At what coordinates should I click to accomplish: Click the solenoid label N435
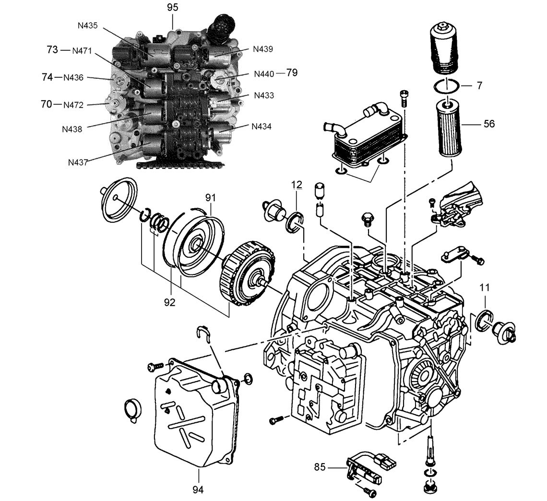pyautogui.click(x=87, y=25)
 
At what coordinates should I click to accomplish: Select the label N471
pyautogui.click(x=82, y=51)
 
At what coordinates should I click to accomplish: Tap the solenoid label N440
pyautogui.click(x=264, y=73)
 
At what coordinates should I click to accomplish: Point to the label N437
pyautogui.click(x=78, y=162)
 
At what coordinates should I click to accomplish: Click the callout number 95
pyautogui.click(x=172, y=7)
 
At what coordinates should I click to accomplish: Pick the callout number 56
pyautogui.click(x=489, y=124)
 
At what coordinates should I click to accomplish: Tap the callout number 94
pyautogui.click(x=198, y=490)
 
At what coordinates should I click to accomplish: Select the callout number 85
pyautogui.click(x=320, y=467)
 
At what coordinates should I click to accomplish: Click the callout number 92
pyautogui.click(x=169, y=302)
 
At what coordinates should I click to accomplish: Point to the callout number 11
pyautogui.click(x=484, y=287)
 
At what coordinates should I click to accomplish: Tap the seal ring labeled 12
pyautogui.click(x=295, y=221)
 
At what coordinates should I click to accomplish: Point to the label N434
pyautogui.click(x=262, y=126)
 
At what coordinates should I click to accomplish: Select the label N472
pyautogui.click(x=73, y=105)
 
